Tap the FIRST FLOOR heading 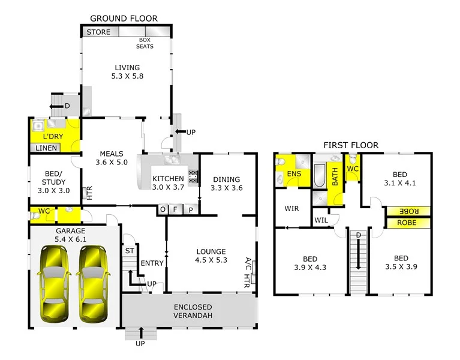coord(351,145)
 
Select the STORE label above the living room coord(99,32)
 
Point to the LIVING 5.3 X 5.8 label coord(127,72)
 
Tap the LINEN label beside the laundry coord(46,148)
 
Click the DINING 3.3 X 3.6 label coord(226,184)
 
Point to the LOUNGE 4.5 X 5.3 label coord(210,256)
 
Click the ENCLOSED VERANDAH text coord(189,311)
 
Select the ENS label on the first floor coord(294,175)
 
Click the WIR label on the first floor coord(291,209)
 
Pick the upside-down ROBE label coord(408,211)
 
